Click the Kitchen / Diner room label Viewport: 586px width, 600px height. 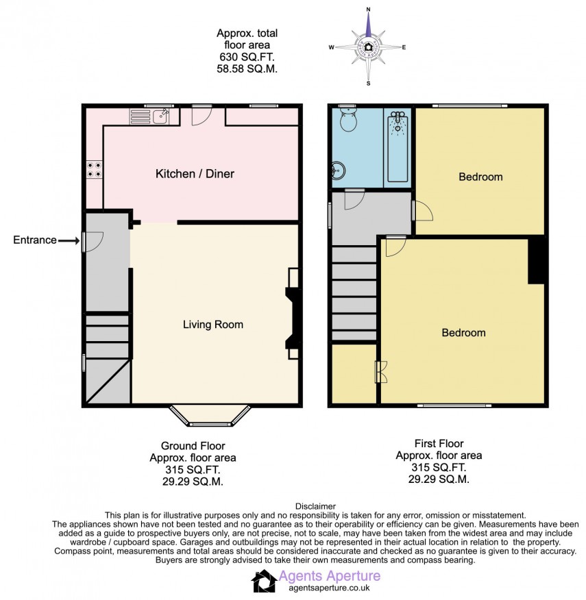click(x=195, y=174)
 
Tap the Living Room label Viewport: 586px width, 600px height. click(x=212, y=325)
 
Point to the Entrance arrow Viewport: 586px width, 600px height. click(x=69, y=240)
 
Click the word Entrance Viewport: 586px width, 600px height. click(x=34, y=240)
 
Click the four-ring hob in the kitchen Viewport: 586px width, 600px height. click(x=94, y=169)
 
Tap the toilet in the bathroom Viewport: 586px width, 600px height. click(x=348, y=121)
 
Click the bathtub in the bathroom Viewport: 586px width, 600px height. click(x=397, y=147)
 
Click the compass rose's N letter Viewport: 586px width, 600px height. click(x=369, y=10)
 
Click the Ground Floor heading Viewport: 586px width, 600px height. click(x=193, y=445)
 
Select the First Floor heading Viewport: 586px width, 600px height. click(x=439, y=444)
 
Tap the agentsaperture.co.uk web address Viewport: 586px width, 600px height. click(x=330, y=587)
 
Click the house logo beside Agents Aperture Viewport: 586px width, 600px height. click(x=264, y=581)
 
